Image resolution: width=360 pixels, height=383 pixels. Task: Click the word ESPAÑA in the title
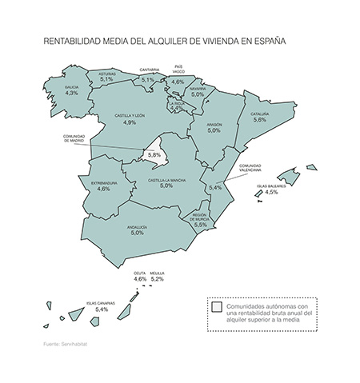point(268,38)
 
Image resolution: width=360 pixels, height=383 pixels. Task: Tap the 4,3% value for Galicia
point(72,94)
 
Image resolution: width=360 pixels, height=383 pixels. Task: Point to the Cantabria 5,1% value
point(149,80)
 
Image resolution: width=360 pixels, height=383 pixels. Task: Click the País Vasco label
point(179,69)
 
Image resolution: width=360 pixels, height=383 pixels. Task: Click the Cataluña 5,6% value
point(259,120)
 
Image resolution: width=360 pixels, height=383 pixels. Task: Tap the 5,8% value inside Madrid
point(155,155)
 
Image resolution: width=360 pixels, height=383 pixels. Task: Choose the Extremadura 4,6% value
point(103,190)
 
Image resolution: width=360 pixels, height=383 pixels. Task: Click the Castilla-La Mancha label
point(166,180)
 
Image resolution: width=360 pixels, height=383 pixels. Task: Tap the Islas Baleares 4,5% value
point(271,193)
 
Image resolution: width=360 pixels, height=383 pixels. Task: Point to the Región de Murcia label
point(200,217)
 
